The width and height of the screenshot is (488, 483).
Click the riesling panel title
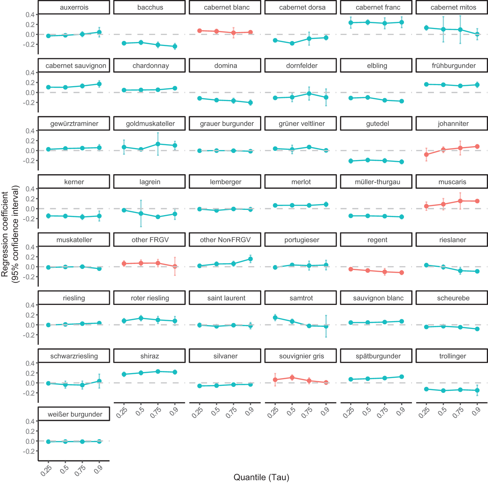[x=74, y=298]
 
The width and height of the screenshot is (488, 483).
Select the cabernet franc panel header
[x=378, y=7]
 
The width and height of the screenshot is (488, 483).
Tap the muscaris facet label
[x=452, y=182]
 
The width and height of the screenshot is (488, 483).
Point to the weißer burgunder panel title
[x=75, y=414]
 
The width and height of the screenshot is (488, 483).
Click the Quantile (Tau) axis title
[x=261, y=477]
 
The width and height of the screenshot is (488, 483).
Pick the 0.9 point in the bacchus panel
[x=175, y=46]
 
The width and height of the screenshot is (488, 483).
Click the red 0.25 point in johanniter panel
[x=427, y=155]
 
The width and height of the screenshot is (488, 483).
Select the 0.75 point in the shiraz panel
[x=158, y=371]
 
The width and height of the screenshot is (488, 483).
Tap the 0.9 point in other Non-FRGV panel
[x=251, y=259]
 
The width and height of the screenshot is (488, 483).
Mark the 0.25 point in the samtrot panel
[x=275, y=318]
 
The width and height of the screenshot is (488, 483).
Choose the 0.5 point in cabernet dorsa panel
[x=292, y=43]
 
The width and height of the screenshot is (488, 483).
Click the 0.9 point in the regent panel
[x=402, y=273]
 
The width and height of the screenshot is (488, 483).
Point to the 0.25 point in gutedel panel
[x=351, y=161]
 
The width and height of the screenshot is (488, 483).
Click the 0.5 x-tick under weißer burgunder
[x=64, y=470]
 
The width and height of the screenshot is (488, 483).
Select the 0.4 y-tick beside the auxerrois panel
[x=30, y=14]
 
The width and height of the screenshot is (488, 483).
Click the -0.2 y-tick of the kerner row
[x=30, y=219]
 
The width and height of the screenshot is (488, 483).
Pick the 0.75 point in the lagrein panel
[x=158, y=217]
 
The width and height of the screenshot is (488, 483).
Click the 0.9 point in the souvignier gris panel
[x=326, y=382]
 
